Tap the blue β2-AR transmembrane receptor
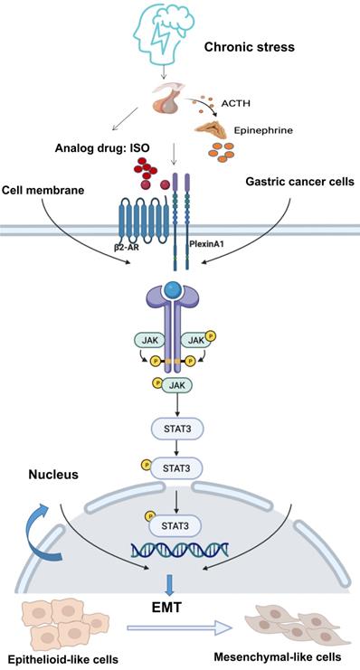(x=135, y=222)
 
